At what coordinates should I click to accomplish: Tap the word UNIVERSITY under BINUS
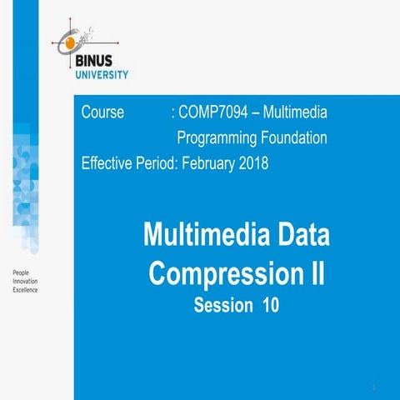pos(102,75)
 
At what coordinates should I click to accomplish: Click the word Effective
pos(107,162)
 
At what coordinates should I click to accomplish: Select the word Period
pos(158,162)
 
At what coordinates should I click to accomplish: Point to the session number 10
pos(270,305)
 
